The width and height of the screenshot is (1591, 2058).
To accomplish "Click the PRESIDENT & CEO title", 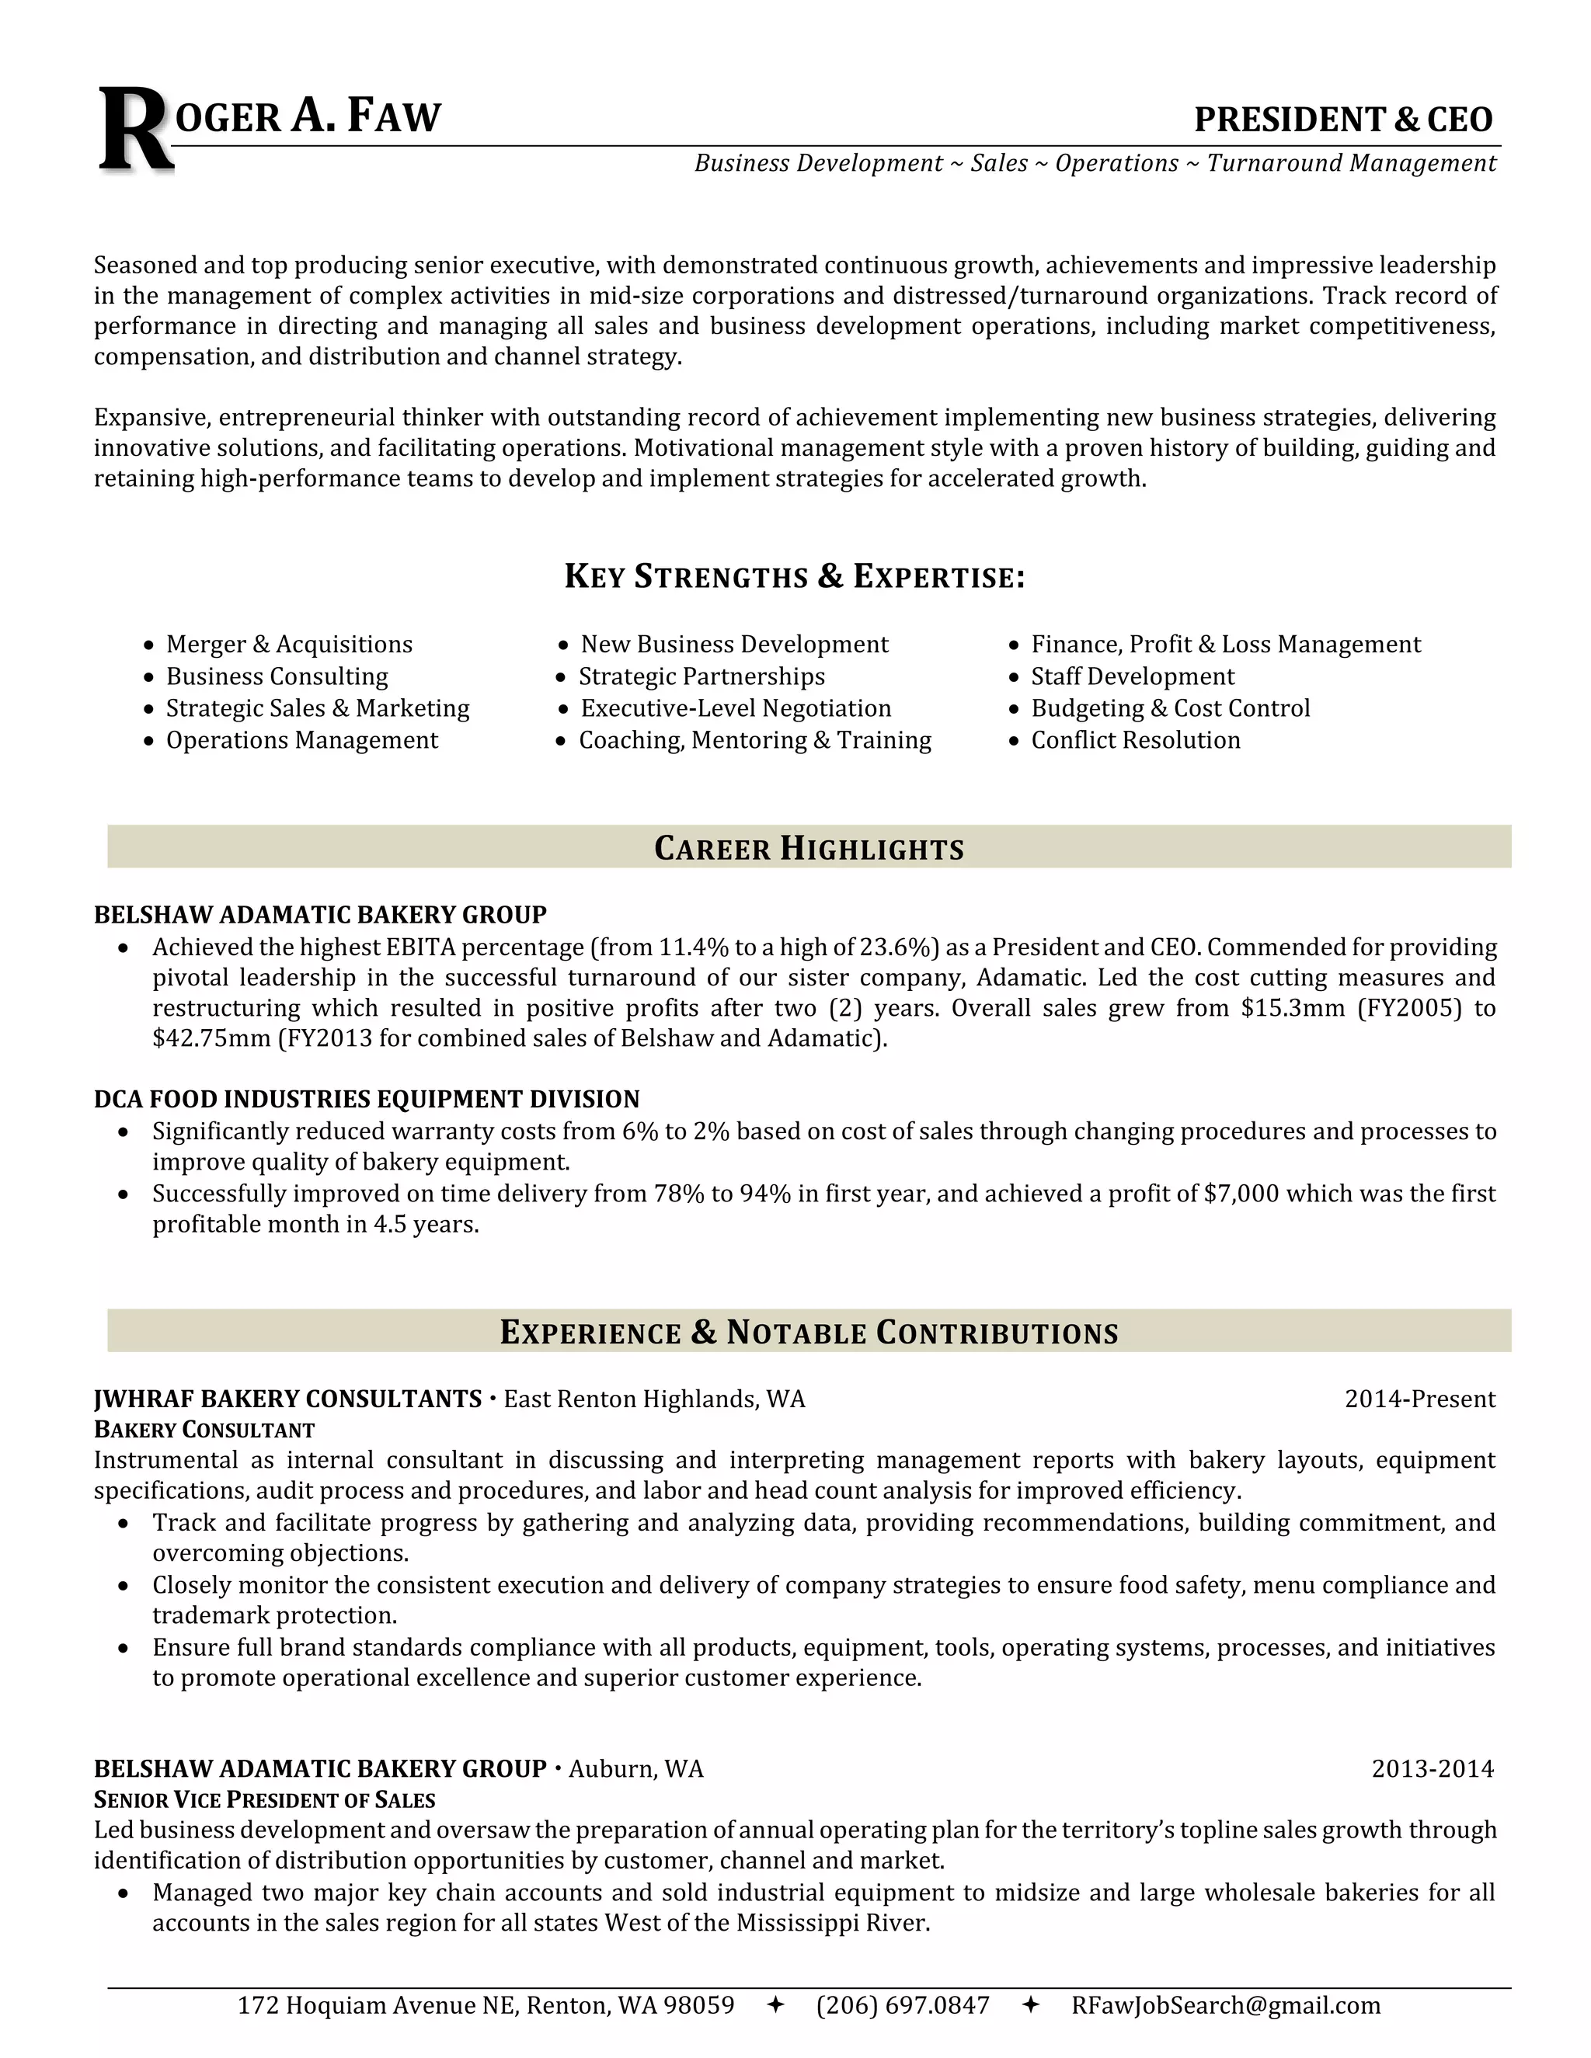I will pos(1342,120).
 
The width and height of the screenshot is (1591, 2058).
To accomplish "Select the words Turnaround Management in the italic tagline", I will pos(1351,164).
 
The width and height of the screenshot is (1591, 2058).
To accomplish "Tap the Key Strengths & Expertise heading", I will pos(794,577).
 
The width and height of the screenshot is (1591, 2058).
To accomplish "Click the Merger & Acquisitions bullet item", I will pos(288,645).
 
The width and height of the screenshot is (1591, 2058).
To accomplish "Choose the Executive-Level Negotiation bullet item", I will pos(735,708).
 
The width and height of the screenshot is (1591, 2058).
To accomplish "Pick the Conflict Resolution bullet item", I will pos(1135,741).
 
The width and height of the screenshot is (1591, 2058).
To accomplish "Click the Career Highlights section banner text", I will pos(809,848).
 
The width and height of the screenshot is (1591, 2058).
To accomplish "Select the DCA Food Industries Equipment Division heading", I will pos(367,1100).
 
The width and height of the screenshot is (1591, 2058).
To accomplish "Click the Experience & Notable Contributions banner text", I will pos(809,1333).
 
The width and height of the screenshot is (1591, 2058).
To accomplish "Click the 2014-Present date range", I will pos(1419,1399).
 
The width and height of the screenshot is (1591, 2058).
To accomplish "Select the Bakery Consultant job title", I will pos(204,1431).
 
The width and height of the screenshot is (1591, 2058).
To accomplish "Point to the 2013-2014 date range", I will pos(1432,1768).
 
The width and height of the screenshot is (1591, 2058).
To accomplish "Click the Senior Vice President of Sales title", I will pos(264,1801).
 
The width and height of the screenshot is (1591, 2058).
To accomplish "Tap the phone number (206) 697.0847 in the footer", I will pos(902,2005).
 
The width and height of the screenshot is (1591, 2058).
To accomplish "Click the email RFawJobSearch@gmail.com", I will pos(1224,2005).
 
